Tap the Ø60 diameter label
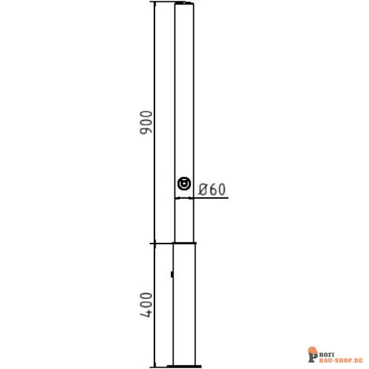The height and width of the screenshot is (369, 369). [x=213, y=189]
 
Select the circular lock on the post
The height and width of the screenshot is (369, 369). [x=183, y=183]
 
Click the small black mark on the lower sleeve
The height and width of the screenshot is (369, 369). [x=172, y=272]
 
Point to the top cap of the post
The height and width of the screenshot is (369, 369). [x=184, y=4]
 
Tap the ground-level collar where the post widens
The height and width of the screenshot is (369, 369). [x=184, y=244]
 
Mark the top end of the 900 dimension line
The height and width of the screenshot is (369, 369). [x=154, y=3]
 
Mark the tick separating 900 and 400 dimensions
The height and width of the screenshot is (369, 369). [x=154, y=244]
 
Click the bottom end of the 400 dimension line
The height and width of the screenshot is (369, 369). [x=154, y=367]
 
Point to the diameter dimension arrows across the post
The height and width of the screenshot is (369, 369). [x=184, y=198]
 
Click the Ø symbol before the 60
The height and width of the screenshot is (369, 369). [x=203, y=189]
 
